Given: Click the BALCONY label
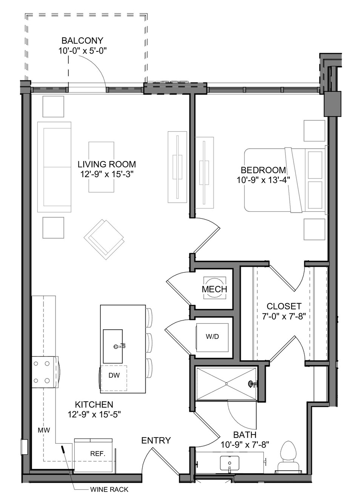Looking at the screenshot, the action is point(82,41).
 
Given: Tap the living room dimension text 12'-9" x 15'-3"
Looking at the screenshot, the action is point(107,174).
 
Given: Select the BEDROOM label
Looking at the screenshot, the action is point(263,170).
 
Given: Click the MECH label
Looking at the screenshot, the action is point(214,289).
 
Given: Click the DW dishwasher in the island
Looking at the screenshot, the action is point(114,375).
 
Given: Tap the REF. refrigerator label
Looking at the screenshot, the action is point(98,454).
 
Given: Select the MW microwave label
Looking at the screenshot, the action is point(44,430).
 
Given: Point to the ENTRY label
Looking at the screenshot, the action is point(156,440).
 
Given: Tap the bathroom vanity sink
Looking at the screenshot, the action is point(229,463).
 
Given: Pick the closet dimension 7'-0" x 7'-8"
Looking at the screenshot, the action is point(284,317).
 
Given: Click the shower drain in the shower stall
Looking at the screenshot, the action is point(226,383).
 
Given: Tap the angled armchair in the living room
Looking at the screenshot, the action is point(104,240).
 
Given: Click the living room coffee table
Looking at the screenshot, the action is point(101,167).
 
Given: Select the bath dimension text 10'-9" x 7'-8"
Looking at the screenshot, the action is point(245,445).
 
